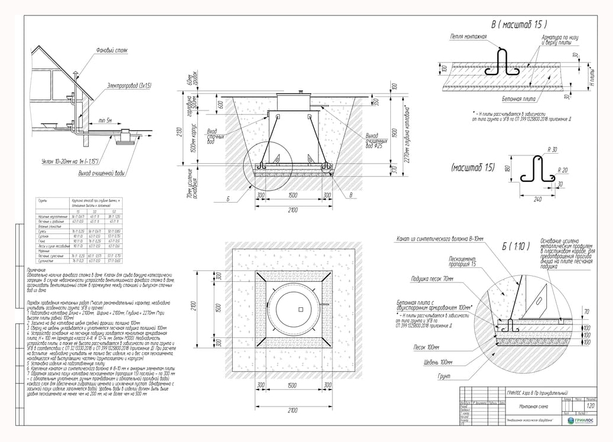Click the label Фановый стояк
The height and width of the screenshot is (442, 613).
[112, 51]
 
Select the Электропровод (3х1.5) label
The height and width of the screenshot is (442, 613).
[129, 86]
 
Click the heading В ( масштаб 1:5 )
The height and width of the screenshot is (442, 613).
[519, 25]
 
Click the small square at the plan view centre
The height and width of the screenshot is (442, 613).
[300, 310]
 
